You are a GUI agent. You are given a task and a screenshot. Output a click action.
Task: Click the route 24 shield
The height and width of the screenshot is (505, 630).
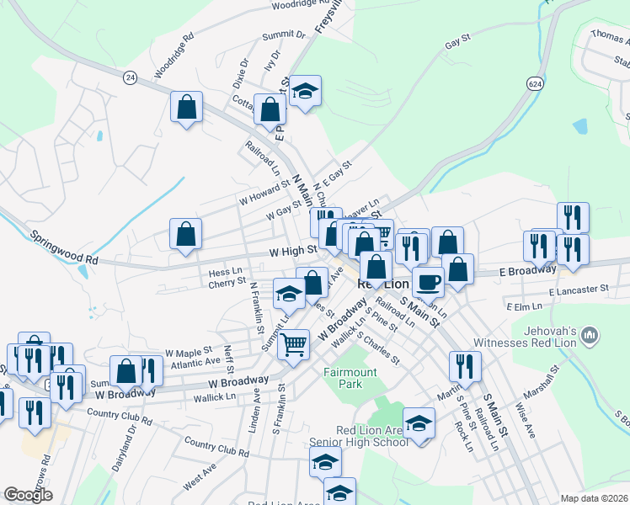pos(129,77)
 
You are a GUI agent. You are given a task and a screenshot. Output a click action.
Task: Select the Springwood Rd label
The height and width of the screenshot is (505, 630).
pos(64,247)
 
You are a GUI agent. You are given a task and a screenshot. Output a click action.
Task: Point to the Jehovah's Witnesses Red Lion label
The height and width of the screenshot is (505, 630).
pos(552,338)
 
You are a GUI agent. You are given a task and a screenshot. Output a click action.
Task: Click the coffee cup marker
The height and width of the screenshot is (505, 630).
pos(428,283)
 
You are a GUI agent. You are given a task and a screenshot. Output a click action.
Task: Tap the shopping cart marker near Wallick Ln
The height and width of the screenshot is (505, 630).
pos(293,343)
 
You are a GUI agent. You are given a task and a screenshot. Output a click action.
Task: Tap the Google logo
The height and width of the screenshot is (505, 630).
pos(27,495)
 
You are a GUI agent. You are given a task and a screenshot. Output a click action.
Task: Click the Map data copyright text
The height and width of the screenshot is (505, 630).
pos(594,498)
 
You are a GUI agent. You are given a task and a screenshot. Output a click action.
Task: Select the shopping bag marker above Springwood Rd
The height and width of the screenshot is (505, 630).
pos(185,233)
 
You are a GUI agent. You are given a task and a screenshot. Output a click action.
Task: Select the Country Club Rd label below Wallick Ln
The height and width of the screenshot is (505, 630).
pos(217,447)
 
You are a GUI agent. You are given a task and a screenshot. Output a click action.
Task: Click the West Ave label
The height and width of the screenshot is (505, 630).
pos(200,481)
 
